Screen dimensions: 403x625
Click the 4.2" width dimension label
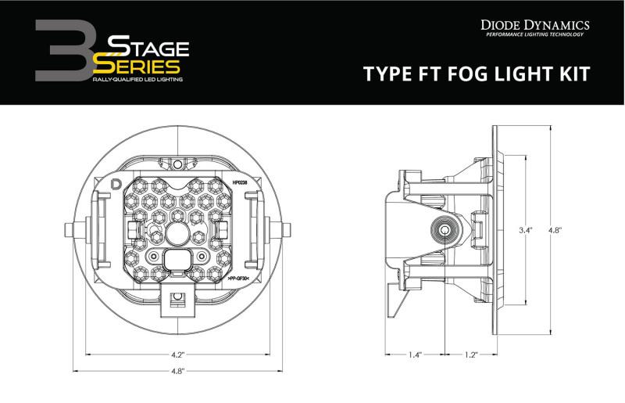[178, 353]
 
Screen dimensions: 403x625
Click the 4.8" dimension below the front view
[178, 371]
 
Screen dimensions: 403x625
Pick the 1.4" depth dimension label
[414, 354]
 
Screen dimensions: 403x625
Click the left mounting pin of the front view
[70, 229]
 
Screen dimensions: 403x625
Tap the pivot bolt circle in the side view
[445, 229]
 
